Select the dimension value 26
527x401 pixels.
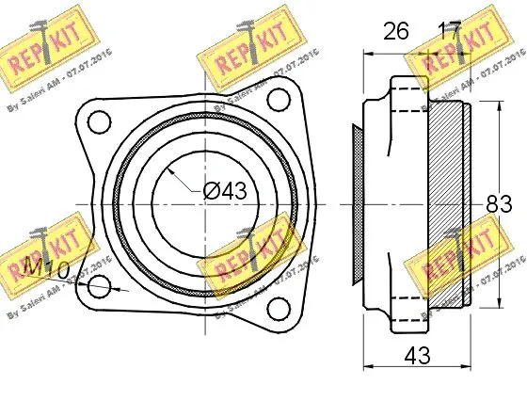point(395,31)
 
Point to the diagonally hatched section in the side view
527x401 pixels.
point(446,202)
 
